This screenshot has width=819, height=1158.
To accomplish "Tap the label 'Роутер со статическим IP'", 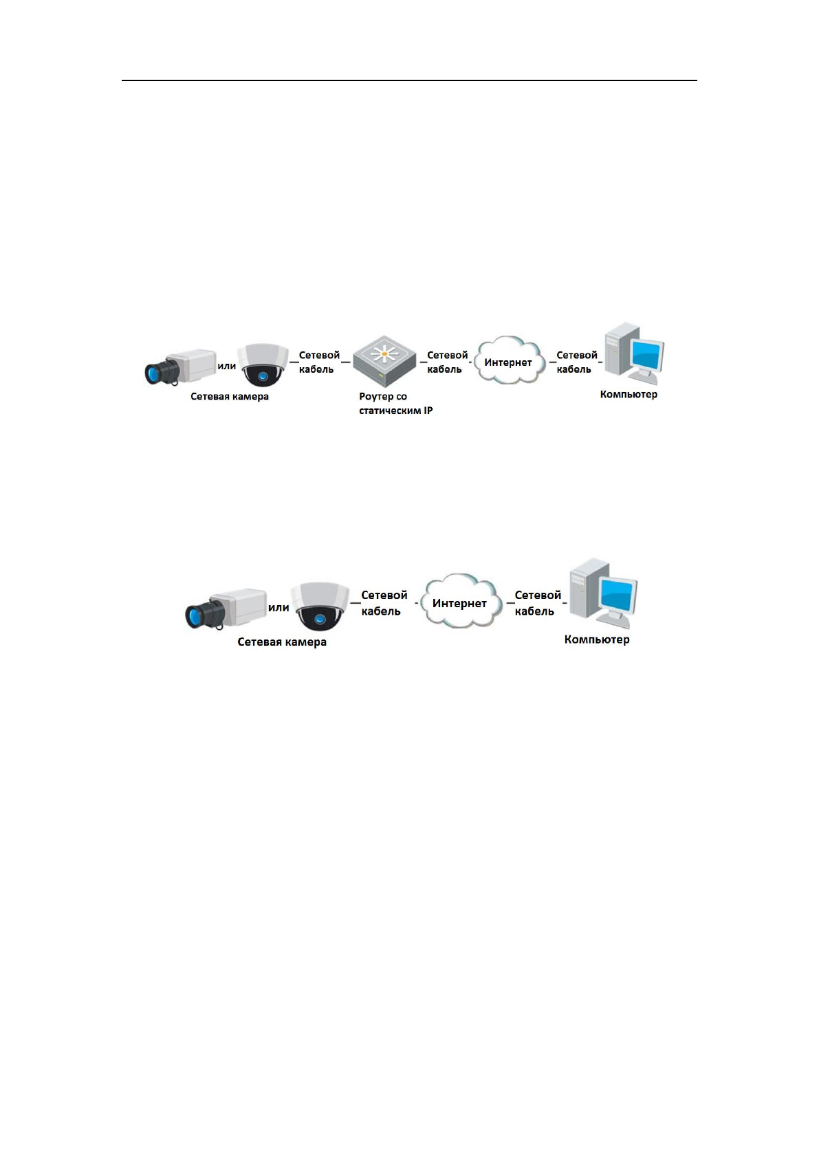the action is [395, 404].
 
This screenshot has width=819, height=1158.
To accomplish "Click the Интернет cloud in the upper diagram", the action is [508, 362].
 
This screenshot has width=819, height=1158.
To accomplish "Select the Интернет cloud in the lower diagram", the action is [459, 602].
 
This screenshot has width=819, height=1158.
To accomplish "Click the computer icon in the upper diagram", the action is [632, 355].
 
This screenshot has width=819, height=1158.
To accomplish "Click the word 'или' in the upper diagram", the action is [227, 366].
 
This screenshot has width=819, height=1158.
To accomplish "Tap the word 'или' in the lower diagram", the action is [279, 607].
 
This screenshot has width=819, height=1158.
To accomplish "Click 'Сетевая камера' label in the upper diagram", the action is [230, 397].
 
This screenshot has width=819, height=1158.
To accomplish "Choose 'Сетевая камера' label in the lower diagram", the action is [282, 642].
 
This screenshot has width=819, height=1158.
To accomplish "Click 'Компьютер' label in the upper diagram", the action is [629, 395].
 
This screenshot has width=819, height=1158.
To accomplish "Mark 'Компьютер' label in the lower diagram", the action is [597, 640].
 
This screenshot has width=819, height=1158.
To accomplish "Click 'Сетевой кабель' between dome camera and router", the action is [319, 362].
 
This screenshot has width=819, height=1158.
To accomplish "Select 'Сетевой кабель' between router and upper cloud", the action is [447, 362].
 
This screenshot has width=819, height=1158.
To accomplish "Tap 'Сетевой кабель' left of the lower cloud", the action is [384, 603].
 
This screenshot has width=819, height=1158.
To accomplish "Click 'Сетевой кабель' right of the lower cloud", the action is [538, 603].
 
